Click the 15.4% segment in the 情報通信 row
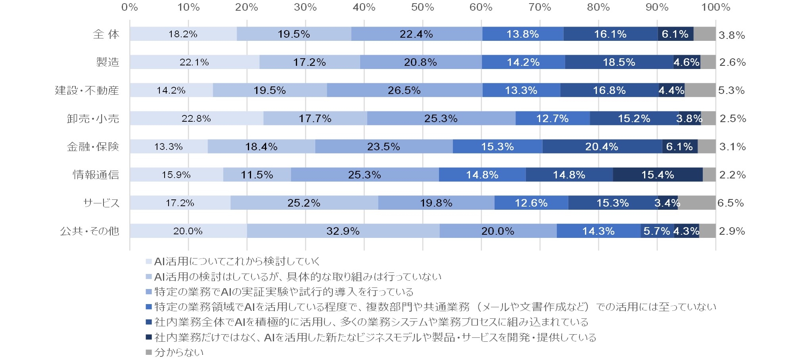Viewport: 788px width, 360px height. tap(658, 175)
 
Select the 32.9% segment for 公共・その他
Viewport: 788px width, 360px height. tap(343, 231)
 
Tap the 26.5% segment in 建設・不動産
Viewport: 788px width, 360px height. tap(405, 90)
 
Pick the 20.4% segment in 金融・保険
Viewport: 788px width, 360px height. tap(602, 147)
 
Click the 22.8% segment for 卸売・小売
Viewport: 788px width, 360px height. tap(196, 119)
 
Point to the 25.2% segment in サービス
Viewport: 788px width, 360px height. tap(304, 203)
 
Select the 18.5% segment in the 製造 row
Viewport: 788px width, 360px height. tap(619, 62)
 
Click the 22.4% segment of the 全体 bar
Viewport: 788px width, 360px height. tap(416, 34)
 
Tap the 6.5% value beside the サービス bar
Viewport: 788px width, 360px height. tap(730, 203)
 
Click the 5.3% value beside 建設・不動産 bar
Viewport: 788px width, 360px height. tap(731, 90)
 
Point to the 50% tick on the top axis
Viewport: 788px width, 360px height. tap(422, 7)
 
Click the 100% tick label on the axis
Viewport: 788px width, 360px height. tap(715, 7)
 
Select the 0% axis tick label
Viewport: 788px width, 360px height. tap(130, 7)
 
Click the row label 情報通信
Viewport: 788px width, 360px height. tap(96, 175)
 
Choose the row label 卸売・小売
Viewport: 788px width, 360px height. tap(93, 119)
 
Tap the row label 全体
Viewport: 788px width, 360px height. tap(106, 34)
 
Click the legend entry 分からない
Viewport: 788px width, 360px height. tap(178, 352)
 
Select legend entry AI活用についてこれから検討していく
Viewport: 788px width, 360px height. tap(237, 261)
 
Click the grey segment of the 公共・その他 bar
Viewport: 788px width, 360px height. tap(707, 231)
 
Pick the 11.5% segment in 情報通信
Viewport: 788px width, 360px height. tap(257, 175)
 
